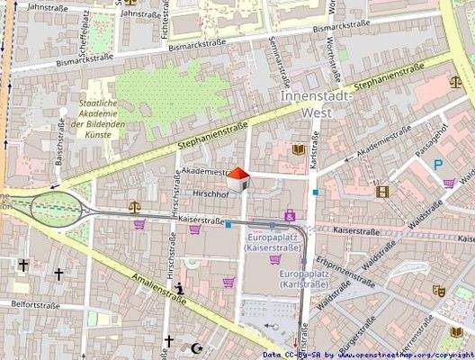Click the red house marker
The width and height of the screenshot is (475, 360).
pyautogui.click(x=238, y=179)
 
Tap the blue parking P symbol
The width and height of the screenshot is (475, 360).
pyautogui.click(x=438, y=165)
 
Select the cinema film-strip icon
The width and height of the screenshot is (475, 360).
pyautogui.click(x=383, y=191)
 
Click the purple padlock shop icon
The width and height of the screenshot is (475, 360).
pyautogui.click(x=290, y=215)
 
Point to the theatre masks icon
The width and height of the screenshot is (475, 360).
pyautogui.click(x=438, y=291)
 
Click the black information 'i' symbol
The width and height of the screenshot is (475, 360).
pyautogui.click(x=182, y=289)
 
